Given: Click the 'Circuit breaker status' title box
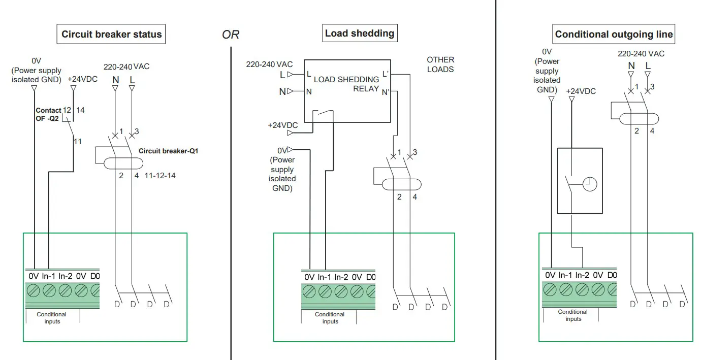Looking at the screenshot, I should coord(111,35).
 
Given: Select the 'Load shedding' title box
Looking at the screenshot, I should coord(360,34).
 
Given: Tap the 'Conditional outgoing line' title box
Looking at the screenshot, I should coord(614,35).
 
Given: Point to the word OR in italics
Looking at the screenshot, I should coord(231,35).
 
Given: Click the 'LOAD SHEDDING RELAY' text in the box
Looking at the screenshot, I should coord(346,84).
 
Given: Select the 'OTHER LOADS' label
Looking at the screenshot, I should coord(440,64).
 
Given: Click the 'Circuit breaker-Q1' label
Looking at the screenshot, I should coord(168,151).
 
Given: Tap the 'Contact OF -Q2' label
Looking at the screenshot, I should coord(48,115).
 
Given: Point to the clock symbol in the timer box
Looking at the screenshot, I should coord(589,184).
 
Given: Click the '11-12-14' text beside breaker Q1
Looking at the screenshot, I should coord(161,176).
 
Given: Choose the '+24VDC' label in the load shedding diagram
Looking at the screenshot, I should coord(283,125).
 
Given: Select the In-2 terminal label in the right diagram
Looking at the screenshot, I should coord(581,275).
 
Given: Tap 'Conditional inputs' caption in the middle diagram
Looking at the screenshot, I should coord(330,318).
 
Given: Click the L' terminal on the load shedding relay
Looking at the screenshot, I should coord(386,74).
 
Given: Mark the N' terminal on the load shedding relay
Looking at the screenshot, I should coord(386,92).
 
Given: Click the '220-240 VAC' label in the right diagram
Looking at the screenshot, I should coord(641,53).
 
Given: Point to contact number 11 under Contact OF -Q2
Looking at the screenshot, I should coord(77,142).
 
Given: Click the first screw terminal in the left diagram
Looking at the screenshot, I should coord(34,291).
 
